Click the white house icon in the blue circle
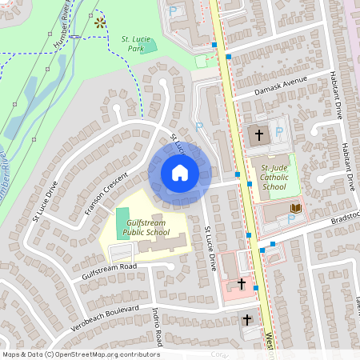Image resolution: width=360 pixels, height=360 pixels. [180, 173]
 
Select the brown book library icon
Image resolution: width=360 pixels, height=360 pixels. [296, 208]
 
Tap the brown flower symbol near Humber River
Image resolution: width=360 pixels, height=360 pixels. [99, 22]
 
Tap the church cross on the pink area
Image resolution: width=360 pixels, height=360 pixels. [242, 284]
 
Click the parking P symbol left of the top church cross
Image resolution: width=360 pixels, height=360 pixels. [199, 126]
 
